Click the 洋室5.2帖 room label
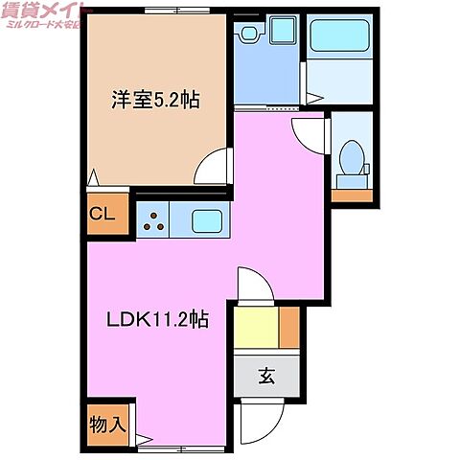(x=155, y=100)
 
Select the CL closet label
(x=103, y=215)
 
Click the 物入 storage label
(x=108, y=422)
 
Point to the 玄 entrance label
(x=265, y=377)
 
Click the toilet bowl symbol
(x=350, y=158)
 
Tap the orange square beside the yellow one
(x=288, y=329)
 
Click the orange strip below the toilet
(x=350, y=195)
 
